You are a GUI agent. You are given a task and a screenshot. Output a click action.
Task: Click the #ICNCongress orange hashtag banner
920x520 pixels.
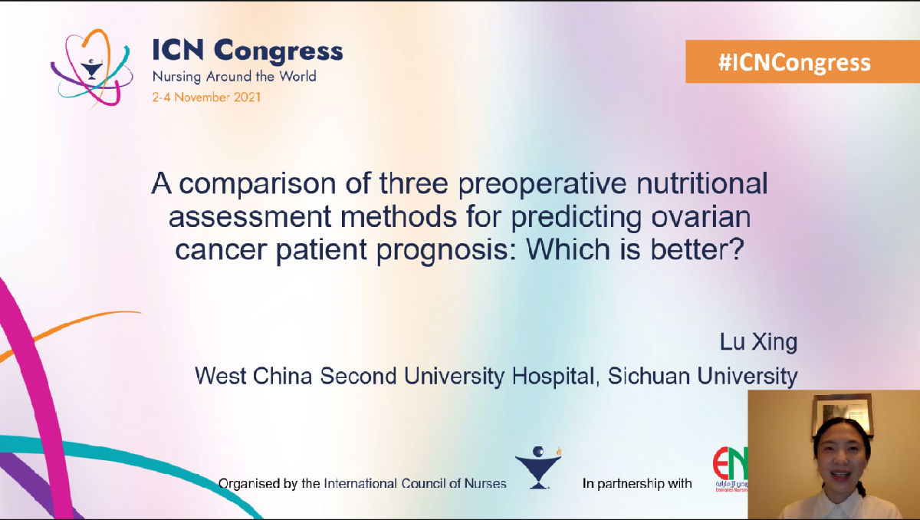tap(803, 61)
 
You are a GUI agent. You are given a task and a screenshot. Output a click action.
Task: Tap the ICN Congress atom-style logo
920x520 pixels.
tap(91, 67)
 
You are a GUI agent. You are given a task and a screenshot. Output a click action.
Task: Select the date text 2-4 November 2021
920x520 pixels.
tap(206, 97)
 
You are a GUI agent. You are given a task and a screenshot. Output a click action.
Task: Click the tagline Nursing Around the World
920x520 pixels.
tap(234, 77)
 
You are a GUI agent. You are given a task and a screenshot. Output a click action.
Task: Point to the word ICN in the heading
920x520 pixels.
tap(178, 50)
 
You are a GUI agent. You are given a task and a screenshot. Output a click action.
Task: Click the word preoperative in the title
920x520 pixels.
tap(543, 183)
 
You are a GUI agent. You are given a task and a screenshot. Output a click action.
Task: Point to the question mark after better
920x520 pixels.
tap(737, 248)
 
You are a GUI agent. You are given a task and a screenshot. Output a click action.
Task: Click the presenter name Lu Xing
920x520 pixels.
tap(758, 342)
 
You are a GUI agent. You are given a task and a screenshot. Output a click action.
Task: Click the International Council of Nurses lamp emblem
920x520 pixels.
tap(538, 468)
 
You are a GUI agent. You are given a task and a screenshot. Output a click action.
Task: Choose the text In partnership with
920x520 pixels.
tap(637, 483)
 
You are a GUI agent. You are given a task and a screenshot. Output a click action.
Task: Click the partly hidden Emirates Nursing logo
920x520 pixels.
tap(730, 469)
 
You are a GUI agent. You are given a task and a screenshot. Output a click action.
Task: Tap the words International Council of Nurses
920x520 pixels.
tap(415, 483)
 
